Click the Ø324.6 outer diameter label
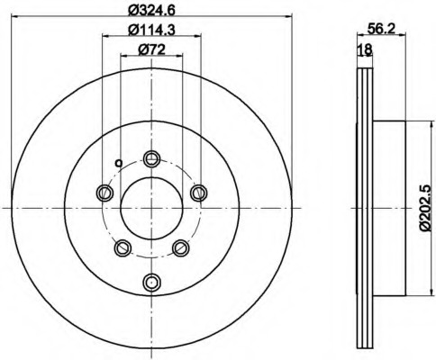(x=151, y=11)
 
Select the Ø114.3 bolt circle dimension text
(x=151, y=30)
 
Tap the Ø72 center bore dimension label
(x=151, y=49)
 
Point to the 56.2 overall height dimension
(x=381, y=29)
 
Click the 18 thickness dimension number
(x=366, y=49)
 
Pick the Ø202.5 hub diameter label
(x=425, y=208)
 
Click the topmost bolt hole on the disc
(x=151, y=158)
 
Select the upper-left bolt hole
(x=105, y=193)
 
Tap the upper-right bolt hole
(x=199, y=193)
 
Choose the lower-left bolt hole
(x=123, y=247)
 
